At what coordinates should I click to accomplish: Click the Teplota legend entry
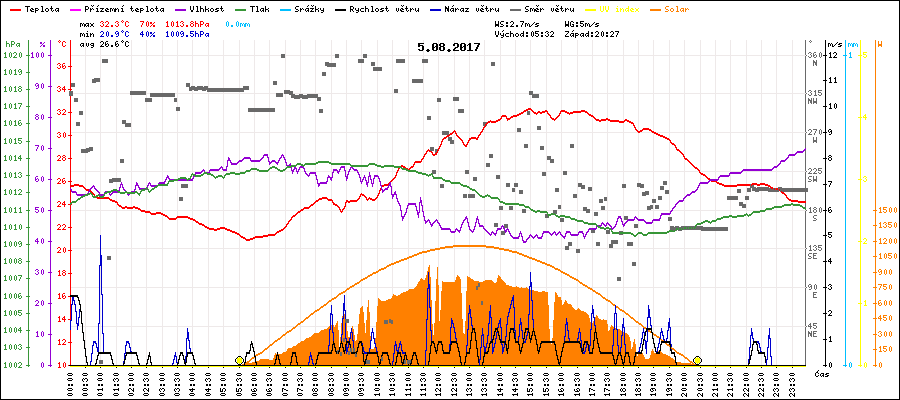(x=39, y=8)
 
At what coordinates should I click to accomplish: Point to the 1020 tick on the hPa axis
(x=12, y=55)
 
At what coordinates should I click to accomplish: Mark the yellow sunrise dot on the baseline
(x=239, y=360)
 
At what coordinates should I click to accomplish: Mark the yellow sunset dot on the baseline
(x=697, y=360)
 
